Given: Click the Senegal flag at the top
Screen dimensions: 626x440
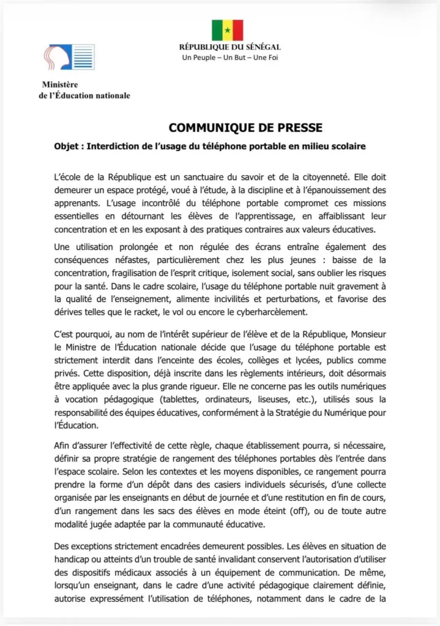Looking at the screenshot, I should tap(228, 30).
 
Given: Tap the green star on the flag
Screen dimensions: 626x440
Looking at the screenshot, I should tap(228, 30).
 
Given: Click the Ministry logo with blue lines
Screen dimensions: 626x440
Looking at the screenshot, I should tap(69, 57).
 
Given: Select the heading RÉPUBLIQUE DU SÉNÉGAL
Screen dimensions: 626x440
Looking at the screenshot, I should tap(229, 47).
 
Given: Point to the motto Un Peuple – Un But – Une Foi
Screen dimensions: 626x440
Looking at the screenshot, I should tap(229, 58).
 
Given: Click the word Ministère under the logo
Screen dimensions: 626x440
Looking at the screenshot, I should tap(60, 84).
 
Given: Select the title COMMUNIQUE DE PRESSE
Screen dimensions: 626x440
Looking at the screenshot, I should tap(245, 128).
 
